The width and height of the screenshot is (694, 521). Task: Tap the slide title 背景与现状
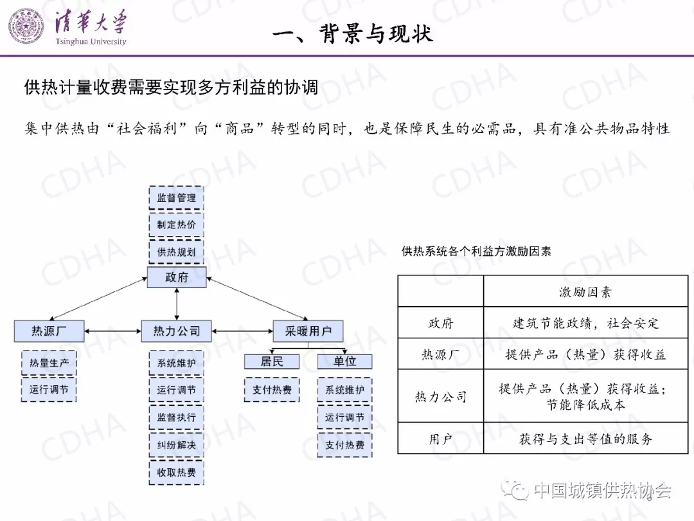(352, 33)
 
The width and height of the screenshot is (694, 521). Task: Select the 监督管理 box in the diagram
(176, 198)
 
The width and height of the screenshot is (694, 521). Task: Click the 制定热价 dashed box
(176, 225)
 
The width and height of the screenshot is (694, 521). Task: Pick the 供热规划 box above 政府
(176, 251)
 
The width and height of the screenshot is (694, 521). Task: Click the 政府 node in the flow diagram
(176, 277)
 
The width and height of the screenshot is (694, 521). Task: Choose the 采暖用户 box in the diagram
(308, 331)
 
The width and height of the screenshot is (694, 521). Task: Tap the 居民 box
(272, 361)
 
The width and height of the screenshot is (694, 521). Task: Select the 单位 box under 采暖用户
(344, 361)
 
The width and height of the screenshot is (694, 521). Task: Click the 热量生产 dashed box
(49, 363)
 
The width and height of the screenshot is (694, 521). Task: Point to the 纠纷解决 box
(176, 444)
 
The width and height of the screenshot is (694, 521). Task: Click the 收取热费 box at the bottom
(176, 473)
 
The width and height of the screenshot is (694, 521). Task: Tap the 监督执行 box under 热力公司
(176, 417)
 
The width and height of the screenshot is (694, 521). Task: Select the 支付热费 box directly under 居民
(272, 390)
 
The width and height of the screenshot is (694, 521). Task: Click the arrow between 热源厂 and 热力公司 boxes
(113, 331)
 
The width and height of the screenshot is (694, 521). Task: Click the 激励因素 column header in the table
(585, 292)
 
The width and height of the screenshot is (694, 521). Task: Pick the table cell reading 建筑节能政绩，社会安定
(585, 323)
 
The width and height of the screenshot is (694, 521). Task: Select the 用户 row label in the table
(441, 439)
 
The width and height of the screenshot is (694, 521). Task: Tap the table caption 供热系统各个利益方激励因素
(476, 251)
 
